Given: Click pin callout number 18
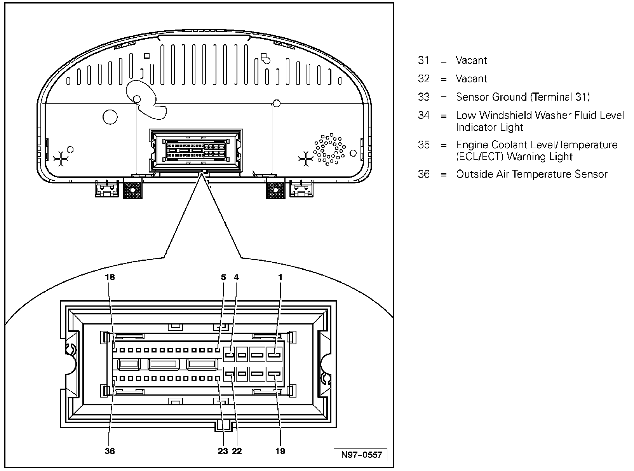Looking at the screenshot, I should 110,277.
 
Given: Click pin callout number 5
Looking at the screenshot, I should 223,277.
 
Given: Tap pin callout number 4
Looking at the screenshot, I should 236,277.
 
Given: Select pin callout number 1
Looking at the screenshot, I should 280,277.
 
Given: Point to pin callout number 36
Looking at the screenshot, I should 110,451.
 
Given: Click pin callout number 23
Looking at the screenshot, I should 223,451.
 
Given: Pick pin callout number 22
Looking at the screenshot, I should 237,451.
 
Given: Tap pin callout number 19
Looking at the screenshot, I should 280,451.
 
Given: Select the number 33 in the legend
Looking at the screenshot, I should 424,97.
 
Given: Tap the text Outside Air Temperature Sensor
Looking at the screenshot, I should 531,174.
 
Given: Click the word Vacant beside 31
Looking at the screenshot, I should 471,60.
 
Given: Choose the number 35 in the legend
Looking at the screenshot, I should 424,145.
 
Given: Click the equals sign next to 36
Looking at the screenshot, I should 444,174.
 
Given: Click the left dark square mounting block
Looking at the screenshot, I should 132,190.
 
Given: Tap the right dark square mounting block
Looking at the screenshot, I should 275,190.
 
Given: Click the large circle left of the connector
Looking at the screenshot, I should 110,117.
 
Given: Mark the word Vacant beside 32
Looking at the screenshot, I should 471,78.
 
